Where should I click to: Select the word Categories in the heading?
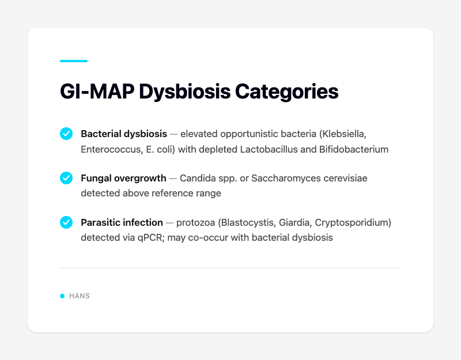288,92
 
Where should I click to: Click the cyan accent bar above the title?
74,60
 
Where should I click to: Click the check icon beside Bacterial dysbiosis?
66,134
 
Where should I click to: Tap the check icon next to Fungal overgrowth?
66,178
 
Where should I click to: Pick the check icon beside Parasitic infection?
66,222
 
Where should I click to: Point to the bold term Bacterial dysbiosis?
124,134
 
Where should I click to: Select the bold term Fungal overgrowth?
123,178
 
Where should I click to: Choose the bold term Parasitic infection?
122,222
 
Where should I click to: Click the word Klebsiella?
342,134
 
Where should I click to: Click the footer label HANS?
80,296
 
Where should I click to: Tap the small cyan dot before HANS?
62,296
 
